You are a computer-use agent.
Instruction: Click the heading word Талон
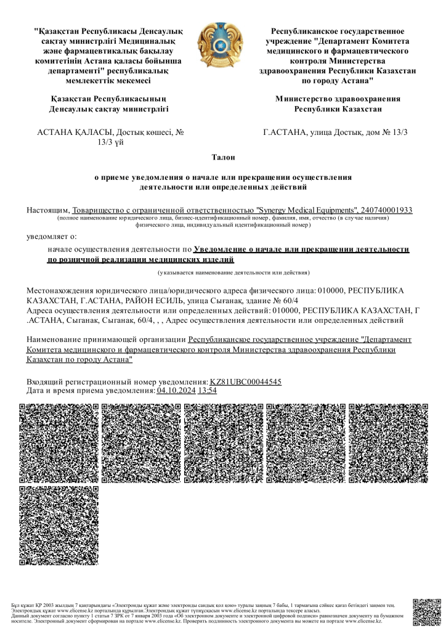pos(222,158)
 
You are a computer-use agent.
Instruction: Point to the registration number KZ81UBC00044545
pos(246,382)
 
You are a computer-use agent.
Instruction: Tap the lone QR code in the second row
pos(59,525)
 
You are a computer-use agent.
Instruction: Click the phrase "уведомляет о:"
pos(52,235)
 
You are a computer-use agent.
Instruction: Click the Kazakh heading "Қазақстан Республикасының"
pos(108,99)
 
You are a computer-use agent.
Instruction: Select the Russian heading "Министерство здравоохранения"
pos(338,99)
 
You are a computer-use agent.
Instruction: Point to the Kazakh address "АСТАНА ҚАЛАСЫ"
pos(75,132)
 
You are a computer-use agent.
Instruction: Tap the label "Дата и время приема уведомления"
pos(91,390)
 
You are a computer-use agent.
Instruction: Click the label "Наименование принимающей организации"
pos(107,340)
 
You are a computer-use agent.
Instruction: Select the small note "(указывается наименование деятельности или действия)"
pos(233,272)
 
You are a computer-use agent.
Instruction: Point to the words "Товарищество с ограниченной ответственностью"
pos(163,210)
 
